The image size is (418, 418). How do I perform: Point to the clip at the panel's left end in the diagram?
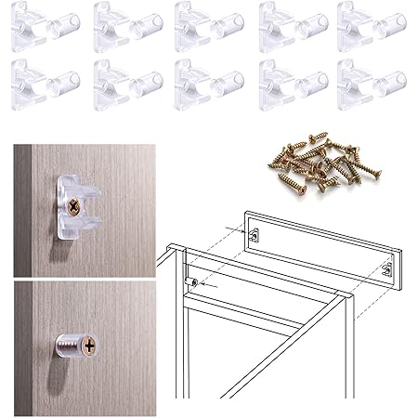(257, 239)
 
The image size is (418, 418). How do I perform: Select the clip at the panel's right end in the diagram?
(386, 271)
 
